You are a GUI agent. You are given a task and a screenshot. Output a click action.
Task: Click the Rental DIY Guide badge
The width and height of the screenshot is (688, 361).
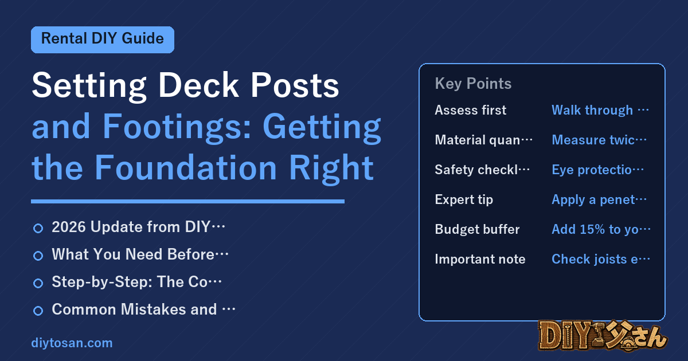(x=103, y=40)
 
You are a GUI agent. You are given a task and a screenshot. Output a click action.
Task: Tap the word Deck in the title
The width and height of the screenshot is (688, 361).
(x=198, y=85)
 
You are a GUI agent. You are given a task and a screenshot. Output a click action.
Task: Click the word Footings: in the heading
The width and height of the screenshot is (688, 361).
(x=177, y=127)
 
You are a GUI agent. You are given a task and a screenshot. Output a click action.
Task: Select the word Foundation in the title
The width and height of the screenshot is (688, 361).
(x=186, y=167)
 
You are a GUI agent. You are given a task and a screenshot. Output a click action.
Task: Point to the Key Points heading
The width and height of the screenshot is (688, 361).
(x=473, y=84)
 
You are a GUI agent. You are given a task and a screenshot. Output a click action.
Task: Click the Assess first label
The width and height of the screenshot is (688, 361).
(x=470, y=110)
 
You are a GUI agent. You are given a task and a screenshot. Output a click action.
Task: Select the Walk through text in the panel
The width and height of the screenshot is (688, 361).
(x=592, y=110)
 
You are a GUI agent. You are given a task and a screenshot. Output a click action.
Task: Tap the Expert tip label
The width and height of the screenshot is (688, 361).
(x=464, y=200)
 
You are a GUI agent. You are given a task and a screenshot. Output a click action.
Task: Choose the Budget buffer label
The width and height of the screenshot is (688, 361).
(x=477, y=229)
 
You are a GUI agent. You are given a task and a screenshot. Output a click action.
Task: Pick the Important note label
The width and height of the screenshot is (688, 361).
(x=480, y=259)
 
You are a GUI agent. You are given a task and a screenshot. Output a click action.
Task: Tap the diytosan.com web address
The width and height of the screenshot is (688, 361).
(x=72, y=343)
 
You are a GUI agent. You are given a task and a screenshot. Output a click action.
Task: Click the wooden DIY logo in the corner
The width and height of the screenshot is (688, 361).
(x=603, y=336)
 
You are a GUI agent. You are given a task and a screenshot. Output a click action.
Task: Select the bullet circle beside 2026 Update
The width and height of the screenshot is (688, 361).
(x=38, y=228)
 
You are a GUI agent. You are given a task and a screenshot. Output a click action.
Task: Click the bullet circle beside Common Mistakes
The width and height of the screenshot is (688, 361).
(x=38, y=311)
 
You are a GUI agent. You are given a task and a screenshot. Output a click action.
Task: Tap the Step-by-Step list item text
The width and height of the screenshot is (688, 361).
(x=136, y=282)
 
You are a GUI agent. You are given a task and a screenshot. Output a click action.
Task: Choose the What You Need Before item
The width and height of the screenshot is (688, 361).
(x=140, y=254)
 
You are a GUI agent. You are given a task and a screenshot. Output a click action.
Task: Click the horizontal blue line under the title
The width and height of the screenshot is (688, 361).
(x=187, y=201)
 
